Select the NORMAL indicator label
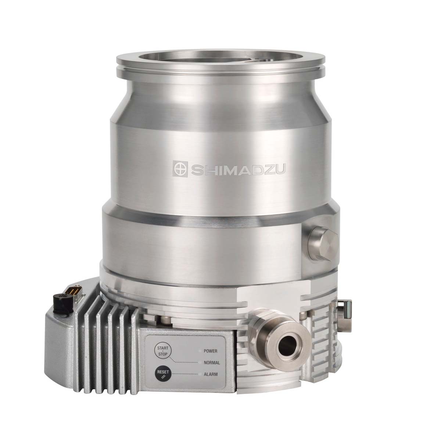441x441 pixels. point(211,363)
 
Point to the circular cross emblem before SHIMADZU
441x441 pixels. point(181,169)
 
